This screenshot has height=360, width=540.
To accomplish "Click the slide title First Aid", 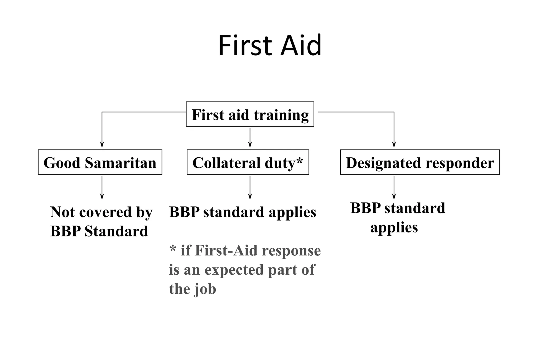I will pos(270,45).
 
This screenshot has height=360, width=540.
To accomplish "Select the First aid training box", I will pos(250,114).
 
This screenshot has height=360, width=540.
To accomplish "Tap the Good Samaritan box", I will pos(100,162).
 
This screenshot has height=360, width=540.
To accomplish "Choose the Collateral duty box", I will pos(248,162).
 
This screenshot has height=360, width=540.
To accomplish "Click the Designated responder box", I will pos(420,162).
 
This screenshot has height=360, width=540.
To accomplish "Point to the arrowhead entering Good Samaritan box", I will pos(102,145).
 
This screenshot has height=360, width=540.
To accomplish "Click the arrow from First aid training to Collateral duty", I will pos(250,138).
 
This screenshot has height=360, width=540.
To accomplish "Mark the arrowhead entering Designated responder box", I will pos(394,145).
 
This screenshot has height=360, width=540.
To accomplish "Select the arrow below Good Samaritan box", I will pos(102,188).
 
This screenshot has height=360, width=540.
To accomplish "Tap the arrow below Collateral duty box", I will pos(250,188).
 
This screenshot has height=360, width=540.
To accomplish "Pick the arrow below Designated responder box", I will pos(394,188).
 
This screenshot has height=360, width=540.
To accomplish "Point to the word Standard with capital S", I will pos(116,231).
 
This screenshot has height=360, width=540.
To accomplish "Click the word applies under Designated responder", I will pos(394,227).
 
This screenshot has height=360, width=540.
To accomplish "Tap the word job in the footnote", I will pos(205,289).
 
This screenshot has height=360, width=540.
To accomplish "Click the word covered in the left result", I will pos(105,212).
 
